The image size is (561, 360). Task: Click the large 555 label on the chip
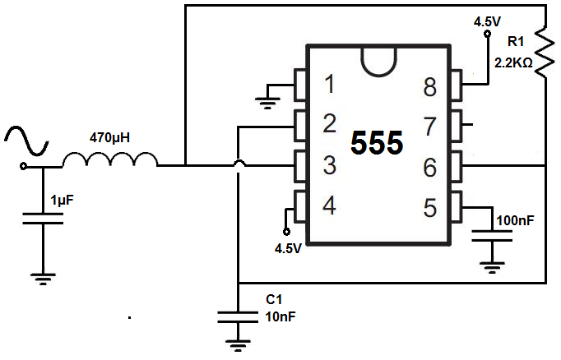pyautogui.click(x=377, y=143)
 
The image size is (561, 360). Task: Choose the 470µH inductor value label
pyautogui.click(x=109, y=137)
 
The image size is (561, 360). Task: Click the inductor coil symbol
pyautogui.click(x=110, y=159)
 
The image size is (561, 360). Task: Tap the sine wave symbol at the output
pyautogui.click(x=26, y=141)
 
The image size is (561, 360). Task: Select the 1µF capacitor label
pyautogui.click(x=62, y=201)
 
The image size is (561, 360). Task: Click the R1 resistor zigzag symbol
pyautogui.click(x=545, y=52)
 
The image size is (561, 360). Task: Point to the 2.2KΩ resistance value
pyautogui.click(x=513, y=63)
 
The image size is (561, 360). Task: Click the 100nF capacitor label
pyautogui.click(x=515, y=220)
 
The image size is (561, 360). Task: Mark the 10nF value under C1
pyautogui.click(x=280, y=316)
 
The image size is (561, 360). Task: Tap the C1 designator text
pyautogui.click(x=274, y=299)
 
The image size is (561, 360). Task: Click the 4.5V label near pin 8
pyautogui.click(x=487, y=22)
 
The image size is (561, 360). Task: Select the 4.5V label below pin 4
pyautogui.click(x=288, y=248)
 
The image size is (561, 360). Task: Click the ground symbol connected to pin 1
pyautogui.click(x=267, y=103)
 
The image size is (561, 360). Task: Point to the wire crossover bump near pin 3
pyautogui.click(x=239, y=164)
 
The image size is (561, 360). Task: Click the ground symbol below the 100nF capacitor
pyautogui.click(x=492, y=268)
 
